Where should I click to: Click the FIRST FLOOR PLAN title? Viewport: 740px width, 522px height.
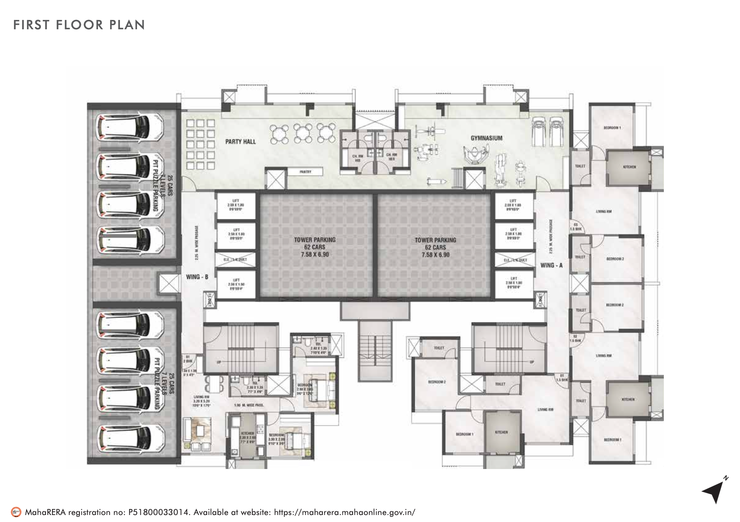79,25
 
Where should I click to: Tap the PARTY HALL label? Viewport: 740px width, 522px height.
241,141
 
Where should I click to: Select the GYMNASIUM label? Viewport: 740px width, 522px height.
486,138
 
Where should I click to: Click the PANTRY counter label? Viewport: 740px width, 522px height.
305,172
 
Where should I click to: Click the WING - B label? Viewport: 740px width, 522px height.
197,277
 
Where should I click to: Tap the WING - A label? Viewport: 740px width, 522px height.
551,265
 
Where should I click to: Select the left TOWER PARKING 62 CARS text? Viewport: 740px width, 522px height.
315,247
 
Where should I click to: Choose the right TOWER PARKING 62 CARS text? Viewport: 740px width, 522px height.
435,247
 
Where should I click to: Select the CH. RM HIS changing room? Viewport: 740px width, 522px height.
357,157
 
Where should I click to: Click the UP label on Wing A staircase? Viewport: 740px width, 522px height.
532,362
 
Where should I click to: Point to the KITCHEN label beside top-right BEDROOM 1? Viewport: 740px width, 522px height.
629,166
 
